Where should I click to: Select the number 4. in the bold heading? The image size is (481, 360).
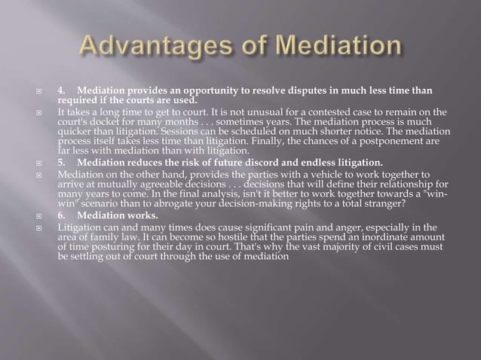[x=63, y=92]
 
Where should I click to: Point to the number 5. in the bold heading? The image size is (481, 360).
[x=63, y=161]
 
